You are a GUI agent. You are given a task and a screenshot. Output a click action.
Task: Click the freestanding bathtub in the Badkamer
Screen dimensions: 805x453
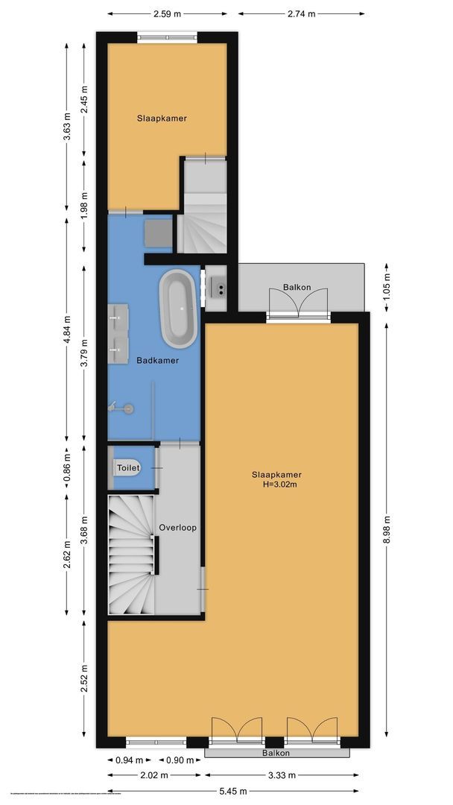(178, 309)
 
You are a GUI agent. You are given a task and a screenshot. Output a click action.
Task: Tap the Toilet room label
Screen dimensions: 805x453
(127, 468)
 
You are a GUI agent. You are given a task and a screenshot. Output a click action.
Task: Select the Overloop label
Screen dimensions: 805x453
(177, 528)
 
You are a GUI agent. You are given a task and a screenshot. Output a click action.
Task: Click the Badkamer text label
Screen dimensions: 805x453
(157, 361)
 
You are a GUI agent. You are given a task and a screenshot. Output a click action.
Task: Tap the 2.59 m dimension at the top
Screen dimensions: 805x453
(168, 13)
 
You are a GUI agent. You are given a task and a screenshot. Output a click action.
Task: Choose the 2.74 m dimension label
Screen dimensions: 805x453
(302, 13)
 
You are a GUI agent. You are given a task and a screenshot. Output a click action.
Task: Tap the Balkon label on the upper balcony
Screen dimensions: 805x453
(297, 287)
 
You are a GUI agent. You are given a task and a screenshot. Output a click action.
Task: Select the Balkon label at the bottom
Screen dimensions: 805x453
(276, 754)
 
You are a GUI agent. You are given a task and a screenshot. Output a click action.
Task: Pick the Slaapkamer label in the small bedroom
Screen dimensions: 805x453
(162, 119)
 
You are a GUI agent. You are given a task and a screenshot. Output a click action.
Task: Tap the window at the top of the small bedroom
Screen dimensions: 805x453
(167, 37)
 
